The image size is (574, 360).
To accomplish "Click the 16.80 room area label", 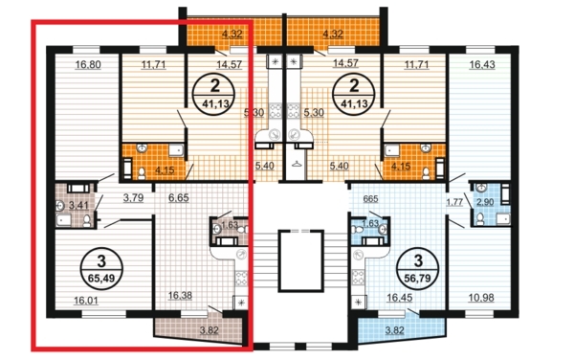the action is (x=88, y=65).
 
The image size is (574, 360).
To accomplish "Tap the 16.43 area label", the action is (x=482, y=65).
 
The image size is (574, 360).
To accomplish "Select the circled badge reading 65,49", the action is (x=101, y=269).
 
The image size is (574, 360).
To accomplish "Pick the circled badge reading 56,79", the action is (x=418, y=268).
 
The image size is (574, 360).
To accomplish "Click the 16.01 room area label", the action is (x=86, y=301).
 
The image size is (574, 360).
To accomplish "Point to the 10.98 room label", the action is (x=481, y=298).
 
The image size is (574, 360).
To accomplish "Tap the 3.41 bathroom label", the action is (x=78, y=205).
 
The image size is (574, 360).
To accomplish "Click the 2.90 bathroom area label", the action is (x=485, y=202).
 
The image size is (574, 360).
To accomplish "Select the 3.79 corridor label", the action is (x=133, y=198).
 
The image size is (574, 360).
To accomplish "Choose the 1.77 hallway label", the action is (x=454, y=202).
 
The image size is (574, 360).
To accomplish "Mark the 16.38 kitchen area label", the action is (x=180, y=295).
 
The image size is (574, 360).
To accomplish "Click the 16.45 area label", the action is (x=399, y=298).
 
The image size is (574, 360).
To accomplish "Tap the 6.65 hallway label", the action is (x=179, y=198).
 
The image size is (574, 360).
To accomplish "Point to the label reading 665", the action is (x=370, y=199).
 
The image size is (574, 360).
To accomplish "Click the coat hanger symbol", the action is (x=296, y=164).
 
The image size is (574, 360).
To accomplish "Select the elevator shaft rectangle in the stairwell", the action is (x=301, y=260).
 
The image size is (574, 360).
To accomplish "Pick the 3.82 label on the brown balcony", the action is (x=209, y=330).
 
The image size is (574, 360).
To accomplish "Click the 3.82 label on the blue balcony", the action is (x=394, y=330).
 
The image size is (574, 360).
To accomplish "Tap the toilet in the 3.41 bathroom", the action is (x=87, y=220).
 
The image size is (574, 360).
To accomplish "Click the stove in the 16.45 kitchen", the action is (x=358, y=277).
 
